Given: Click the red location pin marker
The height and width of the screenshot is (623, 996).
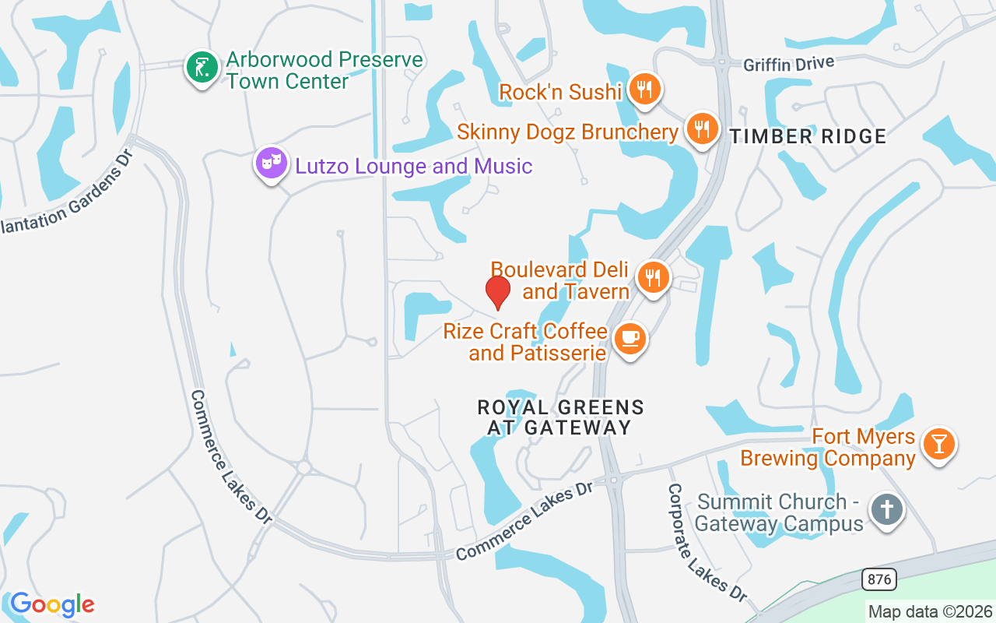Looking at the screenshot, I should click(498, 291).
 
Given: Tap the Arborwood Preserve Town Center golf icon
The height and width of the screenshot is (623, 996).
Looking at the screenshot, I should click(202, 68).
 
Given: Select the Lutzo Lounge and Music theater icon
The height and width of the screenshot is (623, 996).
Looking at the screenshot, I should click(271, 164).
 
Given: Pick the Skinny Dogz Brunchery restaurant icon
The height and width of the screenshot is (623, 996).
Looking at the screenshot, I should click(703, 129).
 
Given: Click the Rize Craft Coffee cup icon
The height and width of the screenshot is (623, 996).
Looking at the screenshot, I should click(630, 339).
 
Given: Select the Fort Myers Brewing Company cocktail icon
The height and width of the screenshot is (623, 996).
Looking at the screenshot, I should click(939, 445).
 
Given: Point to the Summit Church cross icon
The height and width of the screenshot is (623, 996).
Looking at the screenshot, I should click(886, 510).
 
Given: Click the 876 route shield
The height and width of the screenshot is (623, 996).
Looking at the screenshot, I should click(879, 579).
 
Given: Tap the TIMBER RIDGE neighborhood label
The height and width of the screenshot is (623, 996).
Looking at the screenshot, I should click(808, 137).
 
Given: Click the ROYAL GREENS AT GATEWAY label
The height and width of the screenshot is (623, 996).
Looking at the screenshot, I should click(560, 417).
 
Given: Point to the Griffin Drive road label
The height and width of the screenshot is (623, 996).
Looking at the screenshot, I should click(788, 64).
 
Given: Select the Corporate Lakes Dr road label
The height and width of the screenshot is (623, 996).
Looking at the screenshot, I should click(707, 542).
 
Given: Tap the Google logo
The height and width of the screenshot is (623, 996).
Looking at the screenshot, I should click(52, 604).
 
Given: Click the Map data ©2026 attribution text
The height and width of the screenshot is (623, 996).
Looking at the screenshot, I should click(931, 612).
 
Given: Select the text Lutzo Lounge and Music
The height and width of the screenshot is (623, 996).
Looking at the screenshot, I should click(412, 166).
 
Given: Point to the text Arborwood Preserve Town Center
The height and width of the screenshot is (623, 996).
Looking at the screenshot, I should click(324, 70).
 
